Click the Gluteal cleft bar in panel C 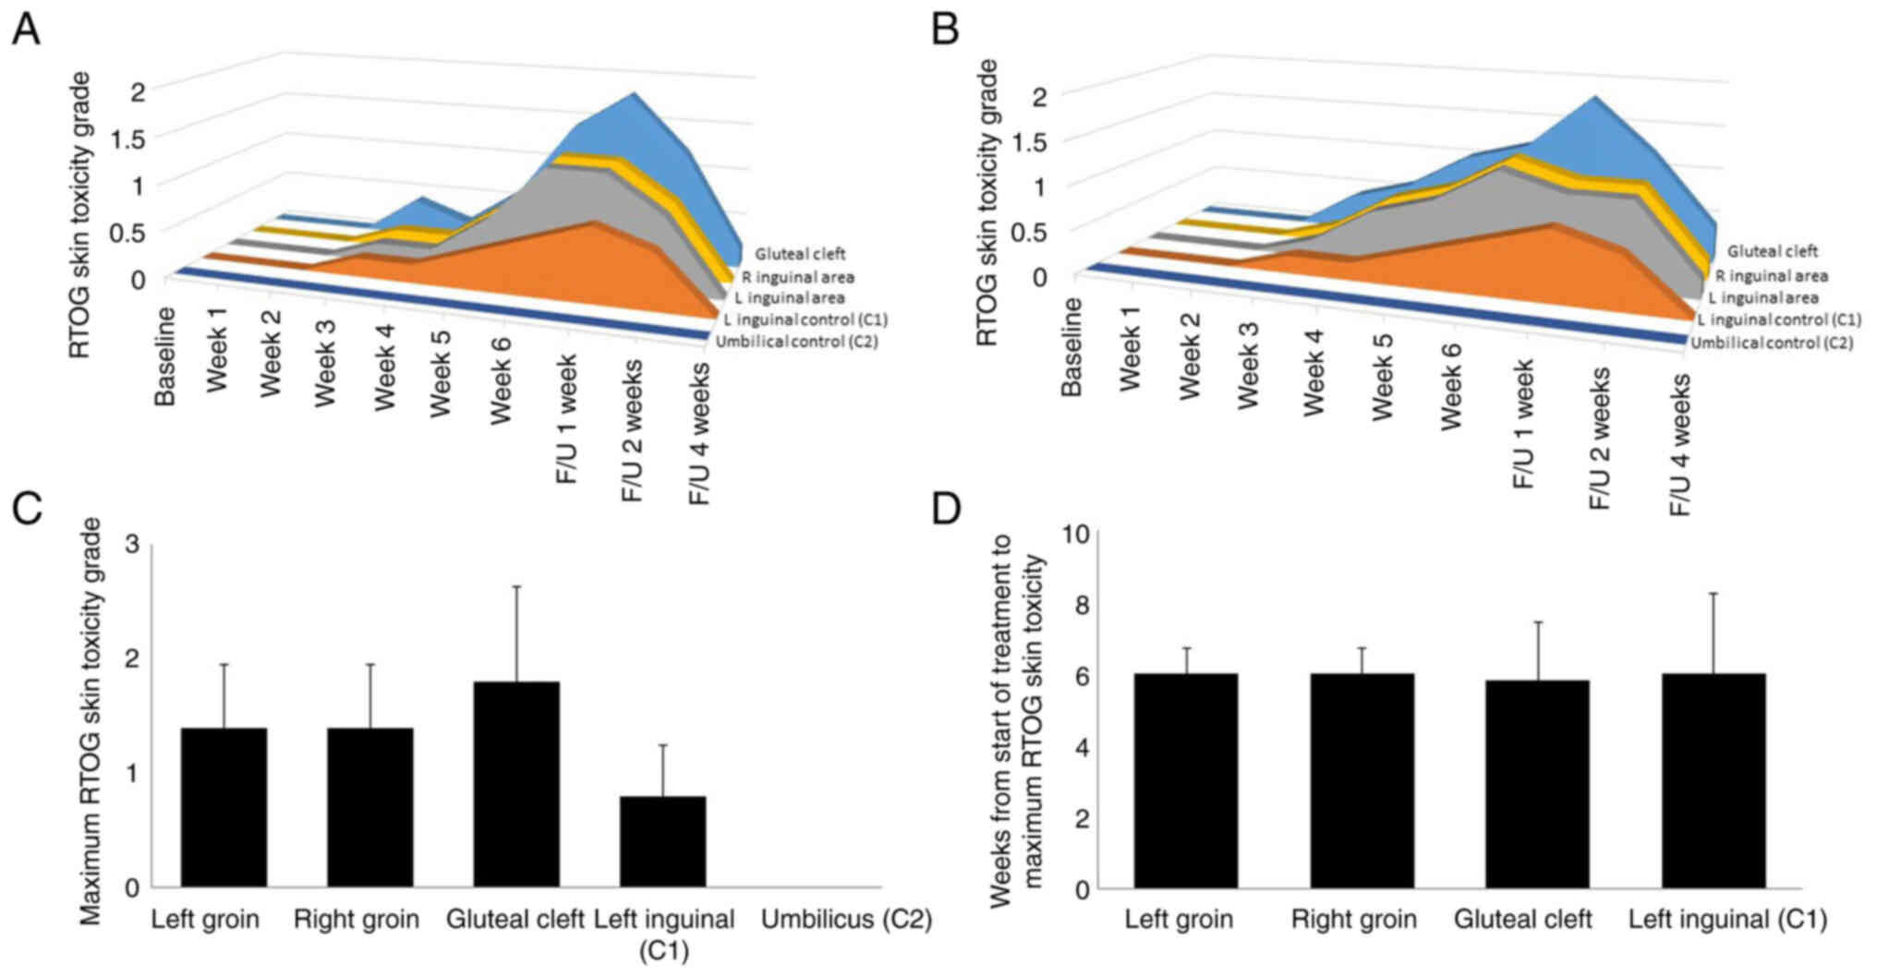pos(515,785)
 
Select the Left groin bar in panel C pos(224,807)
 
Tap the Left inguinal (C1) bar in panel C pos(662,841)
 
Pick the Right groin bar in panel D pos(1362,781)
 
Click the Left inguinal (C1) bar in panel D pos(1714,781)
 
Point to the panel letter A pos(25,30)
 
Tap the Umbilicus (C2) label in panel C pos(845,920)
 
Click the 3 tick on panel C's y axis pos(130,546)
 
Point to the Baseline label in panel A pos(166,356)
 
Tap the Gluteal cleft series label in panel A pos(800,254)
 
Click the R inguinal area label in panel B pos(1772,275)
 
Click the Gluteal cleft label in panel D pos(1522,920)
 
